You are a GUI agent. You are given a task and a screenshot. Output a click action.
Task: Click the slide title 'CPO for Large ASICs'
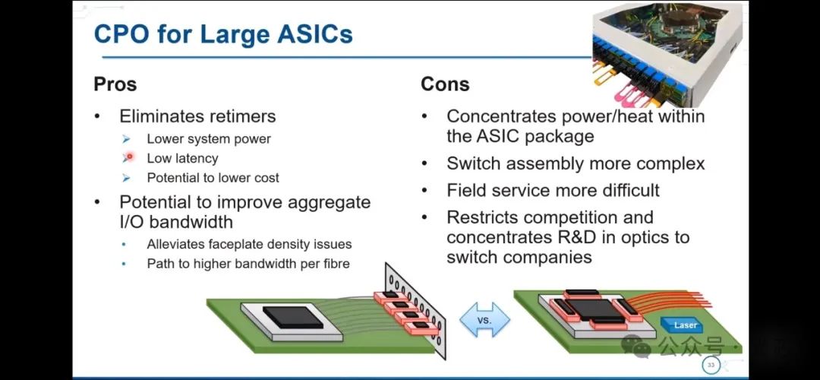[x=222, y=34]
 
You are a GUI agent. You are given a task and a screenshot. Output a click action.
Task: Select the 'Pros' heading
[x=115, y=84]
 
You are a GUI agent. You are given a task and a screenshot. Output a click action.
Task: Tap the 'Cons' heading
[x=445, y=84]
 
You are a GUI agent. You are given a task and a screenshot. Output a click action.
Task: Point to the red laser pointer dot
[x=129, y=157]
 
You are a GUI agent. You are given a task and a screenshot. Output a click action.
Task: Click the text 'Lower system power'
[x=209, y=138]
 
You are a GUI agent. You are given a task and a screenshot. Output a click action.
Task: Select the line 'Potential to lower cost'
[x=213, y=178]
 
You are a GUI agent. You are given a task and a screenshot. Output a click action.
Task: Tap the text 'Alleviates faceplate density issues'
[x=249, y=244]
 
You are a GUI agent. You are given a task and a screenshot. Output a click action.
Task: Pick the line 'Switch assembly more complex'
[x=576, y=163]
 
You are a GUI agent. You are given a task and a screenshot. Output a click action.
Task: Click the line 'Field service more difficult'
[x=553, y=190]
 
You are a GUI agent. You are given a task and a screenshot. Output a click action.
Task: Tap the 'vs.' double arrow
[x=484, y=320]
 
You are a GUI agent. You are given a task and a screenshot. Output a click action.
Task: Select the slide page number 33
[x=711, y=366]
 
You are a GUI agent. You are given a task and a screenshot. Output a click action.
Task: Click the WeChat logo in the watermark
[x=637, y=347]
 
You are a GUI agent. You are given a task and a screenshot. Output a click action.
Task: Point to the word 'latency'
[x=194, y=158]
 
